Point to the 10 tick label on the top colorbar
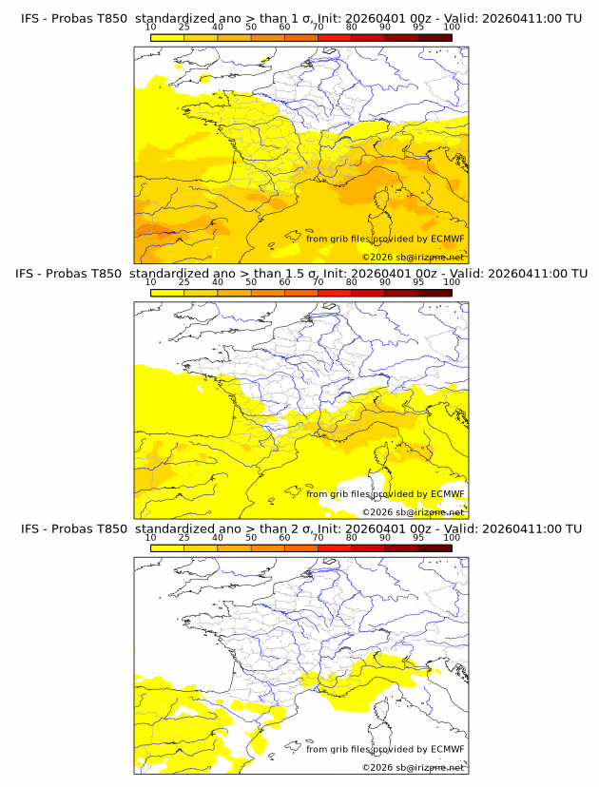pyautogui.click(x=150, y=29)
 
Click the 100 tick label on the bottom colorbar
pyautogui.click(x=452, y=539)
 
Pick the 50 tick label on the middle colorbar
pyautogui.click(x=251, y=283)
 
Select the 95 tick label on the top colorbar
pyautogui.click(x=418, y=29)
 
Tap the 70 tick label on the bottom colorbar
pyautogui.click(x=318, y=539)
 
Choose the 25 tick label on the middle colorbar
pyautogui.click(x=184, y=283)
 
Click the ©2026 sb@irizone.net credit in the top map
pyautogui.click(x=413, y=258)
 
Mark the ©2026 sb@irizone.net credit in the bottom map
pyautogui.click(x=413, y=768)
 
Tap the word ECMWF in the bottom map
pyautogui.click(x=448, y=749)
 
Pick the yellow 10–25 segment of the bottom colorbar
pyautogui.click(x=166, y=547)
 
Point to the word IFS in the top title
pyautogui.click(x=30, y=18)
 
